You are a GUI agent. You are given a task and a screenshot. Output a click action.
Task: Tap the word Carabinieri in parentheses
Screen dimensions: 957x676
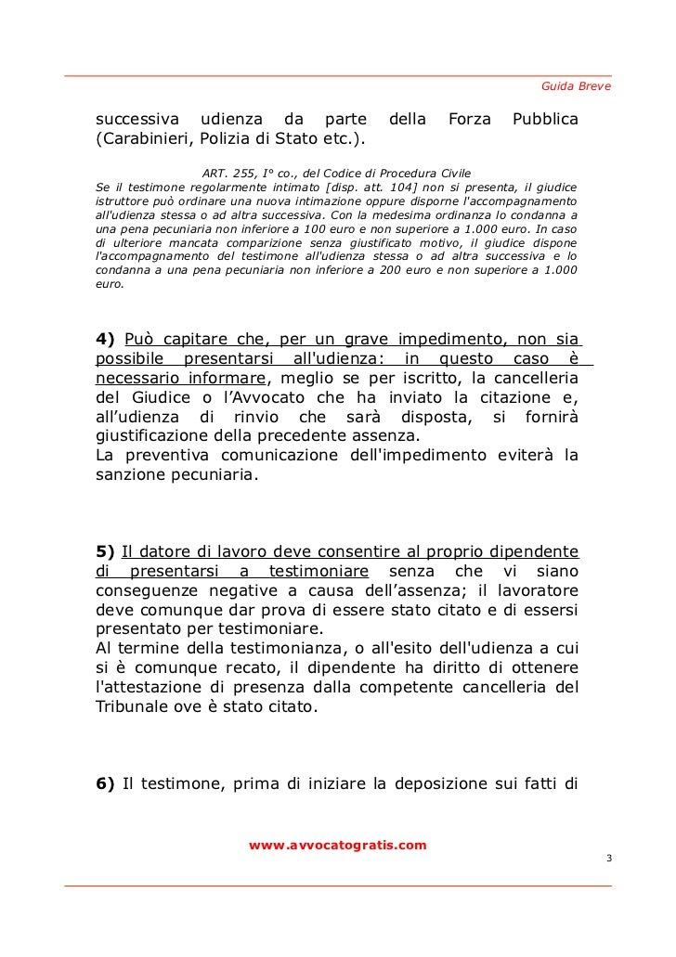(143, 140)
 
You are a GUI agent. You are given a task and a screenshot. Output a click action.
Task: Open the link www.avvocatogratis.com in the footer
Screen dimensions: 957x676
(338, 846)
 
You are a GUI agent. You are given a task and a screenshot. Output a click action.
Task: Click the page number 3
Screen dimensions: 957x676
(608, 860)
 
